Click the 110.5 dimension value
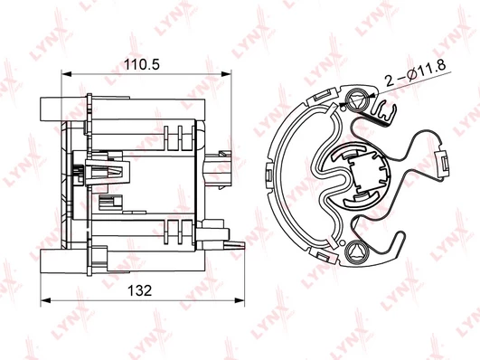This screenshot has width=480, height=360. point(142,64)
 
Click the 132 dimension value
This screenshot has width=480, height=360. point(139,290)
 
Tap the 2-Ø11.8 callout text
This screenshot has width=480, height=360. point(416,73)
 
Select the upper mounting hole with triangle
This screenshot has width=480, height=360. point(357,100)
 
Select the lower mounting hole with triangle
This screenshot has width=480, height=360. point(357,251)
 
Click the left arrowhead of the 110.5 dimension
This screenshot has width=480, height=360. point(66,74)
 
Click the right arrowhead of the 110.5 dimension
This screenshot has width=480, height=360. point(226,74)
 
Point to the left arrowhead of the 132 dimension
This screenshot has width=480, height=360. point(45,300)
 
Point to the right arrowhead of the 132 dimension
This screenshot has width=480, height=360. point(240,300)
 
